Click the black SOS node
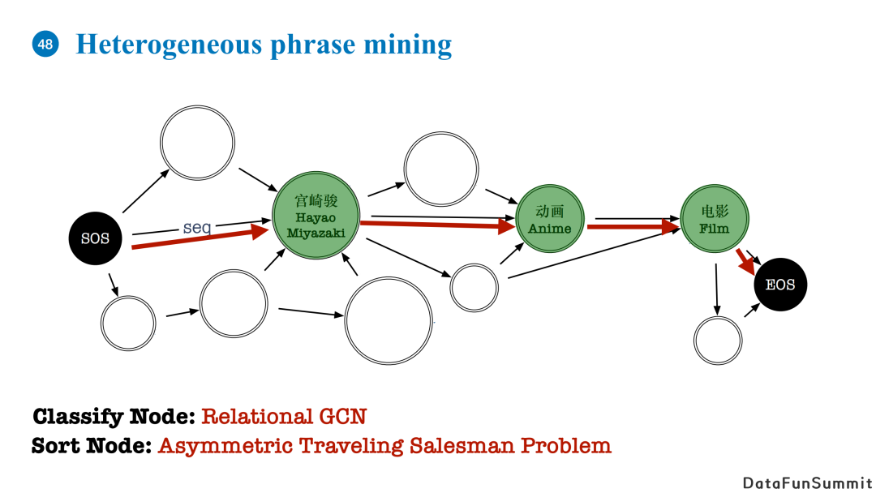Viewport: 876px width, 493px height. [95, 238]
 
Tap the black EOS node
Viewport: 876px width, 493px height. [780, 285]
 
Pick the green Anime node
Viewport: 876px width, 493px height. [550, 220]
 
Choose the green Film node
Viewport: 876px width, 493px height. [715, 220]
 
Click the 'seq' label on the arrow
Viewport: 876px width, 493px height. [197, 228]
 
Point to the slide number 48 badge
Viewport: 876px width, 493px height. [45, 44]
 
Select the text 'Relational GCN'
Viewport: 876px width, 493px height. [284, 417]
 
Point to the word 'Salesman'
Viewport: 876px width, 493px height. [461, 445]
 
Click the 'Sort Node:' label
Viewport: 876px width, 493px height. [92, 445]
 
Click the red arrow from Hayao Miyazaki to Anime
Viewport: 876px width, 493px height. [438, 224]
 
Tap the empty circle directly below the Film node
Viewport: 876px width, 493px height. [718, 341]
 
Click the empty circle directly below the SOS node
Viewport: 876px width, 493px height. [128, 323]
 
